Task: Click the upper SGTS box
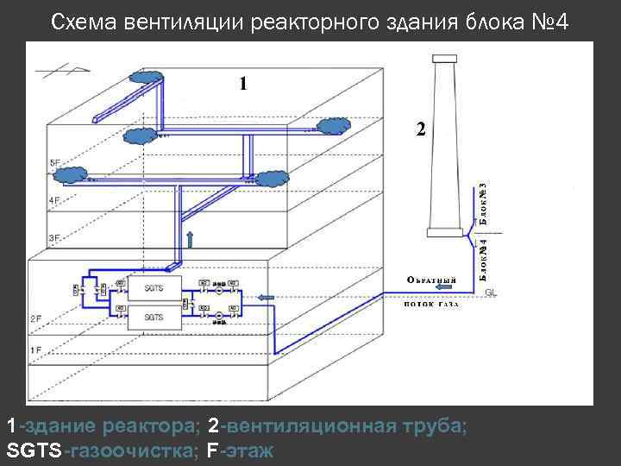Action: pyautogui.click(x=154, y=287)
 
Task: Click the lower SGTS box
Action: pyautogui.click(x=154, y=318)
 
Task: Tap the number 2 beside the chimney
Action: pyautogui.click(x=420, y=129)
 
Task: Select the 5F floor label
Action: pyautogui.click(x=55, y=162)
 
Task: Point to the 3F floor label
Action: pyautogui.click(x=54, y=236)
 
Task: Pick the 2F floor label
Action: pyautogui.click(x=36, y=319)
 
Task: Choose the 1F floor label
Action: pyautogui.click(x=36, y=350)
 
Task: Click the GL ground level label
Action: pyautogui.click(x=491, y=293)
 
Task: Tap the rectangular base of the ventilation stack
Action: pyautogui.click(x=446, y=232)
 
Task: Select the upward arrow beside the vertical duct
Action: pyautogui.click(x=191, y=238)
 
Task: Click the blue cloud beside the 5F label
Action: pyautogui.click(x=71, y=175)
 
